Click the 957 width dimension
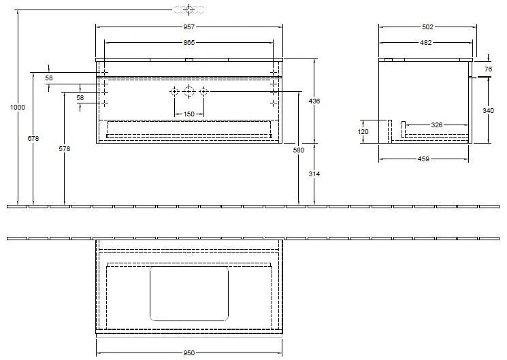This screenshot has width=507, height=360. (x=189, y=27)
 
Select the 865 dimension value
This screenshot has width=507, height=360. (x=189, y=43)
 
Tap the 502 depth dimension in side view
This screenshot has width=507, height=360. (x=427, y=27)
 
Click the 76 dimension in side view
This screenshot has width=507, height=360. (x=487, y=69)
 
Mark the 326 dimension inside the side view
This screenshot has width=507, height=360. (x=437, y=125)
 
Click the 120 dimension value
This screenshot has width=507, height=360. (x=363, y=131)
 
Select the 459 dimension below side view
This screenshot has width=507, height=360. (x=423, y=160)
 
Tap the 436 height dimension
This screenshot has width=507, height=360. (x=314, y=101)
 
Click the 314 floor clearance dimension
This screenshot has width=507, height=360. (x=314, y=174)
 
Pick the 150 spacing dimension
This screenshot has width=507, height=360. (x=189, y=114)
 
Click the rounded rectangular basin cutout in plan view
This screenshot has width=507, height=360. (x=189, y=293)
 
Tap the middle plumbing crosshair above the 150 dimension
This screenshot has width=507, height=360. (x=189, y=92)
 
